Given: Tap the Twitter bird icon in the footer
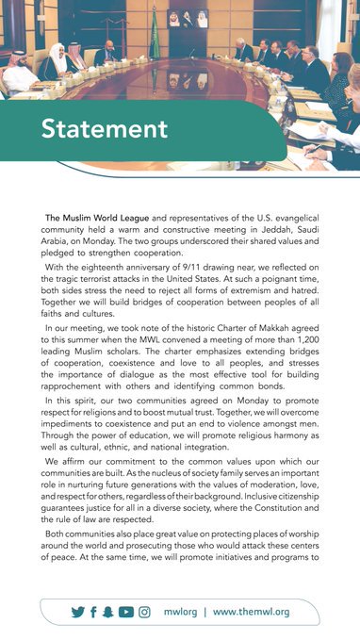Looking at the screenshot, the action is coord(79,612).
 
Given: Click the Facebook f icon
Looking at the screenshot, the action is coord(94,612).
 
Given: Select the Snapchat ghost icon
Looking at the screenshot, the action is coord(108,612).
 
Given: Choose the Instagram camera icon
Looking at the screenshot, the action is coord(145,612).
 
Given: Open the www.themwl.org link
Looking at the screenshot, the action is coord(252,612).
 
